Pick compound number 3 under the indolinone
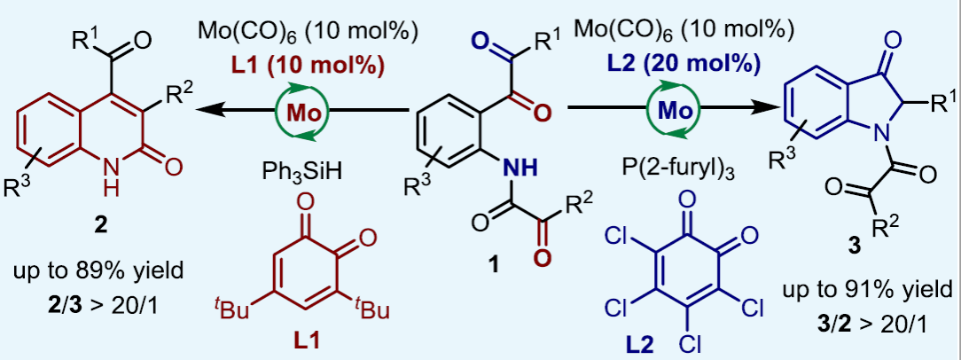pos(855,249)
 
